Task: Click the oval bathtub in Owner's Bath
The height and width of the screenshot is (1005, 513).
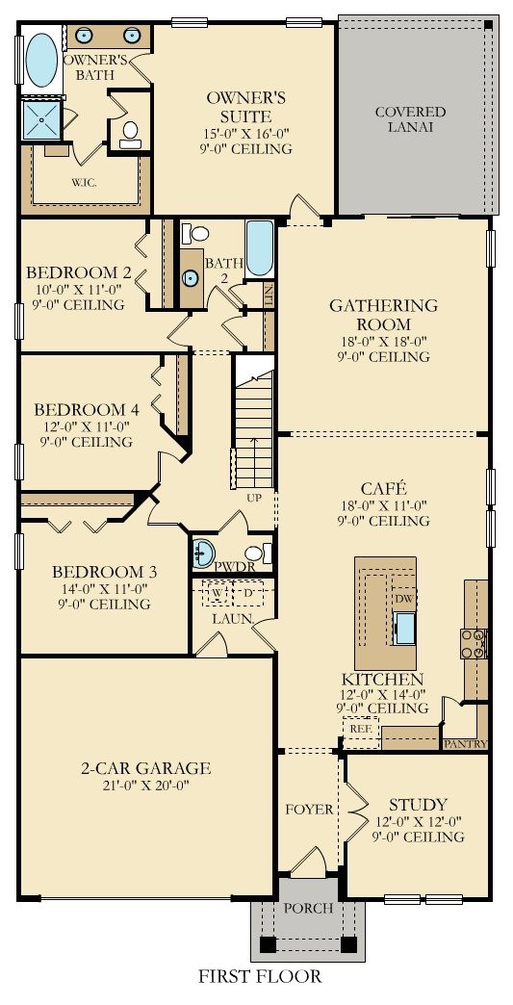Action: (x=40, y=60)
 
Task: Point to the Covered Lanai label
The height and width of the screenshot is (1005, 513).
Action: (x=410, y=118)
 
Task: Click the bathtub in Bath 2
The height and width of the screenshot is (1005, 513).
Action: (x=260, y=247)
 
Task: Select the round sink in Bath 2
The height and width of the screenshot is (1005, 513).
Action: (x=192, y=278)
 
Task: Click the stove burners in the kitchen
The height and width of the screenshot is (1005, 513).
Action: (x=472, y=643)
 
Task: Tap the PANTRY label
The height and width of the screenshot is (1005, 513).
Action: (x=465, y=744)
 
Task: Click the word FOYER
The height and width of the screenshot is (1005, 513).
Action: (x=308, y=810)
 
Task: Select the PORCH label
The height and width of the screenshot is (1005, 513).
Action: (x=307, y=908)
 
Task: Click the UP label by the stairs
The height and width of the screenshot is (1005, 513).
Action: (x=255, y=499)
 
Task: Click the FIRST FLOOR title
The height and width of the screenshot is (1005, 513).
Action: (x=260, y=976)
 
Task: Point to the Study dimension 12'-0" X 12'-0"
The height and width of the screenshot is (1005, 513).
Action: (x=418, y=821)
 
